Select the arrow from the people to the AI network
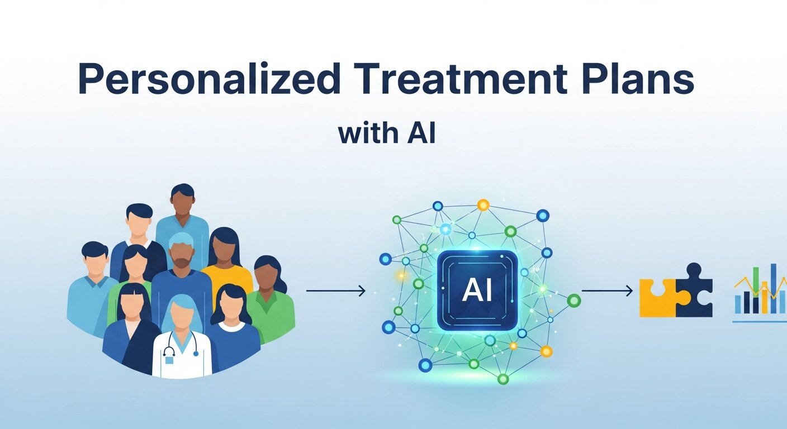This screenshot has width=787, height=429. (x=335, y=290)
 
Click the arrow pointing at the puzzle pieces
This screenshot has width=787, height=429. (x=607, y=290)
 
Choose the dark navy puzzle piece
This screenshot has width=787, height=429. (x=695, y=290)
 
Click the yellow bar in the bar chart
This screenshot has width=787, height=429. (x=764, y=299)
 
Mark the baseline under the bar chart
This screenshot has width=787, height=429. (x=758, y=321)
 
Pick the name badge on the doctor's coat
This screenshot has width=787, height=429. (x=169, y=360)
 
